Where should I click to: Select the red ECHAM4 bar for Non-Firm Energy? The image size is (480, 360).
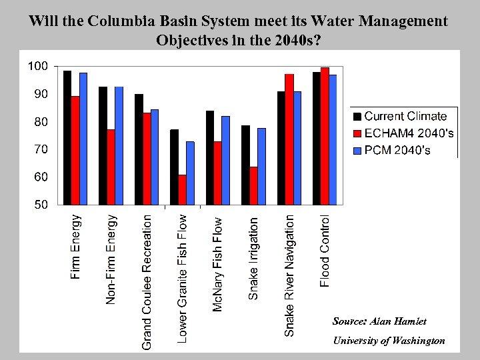[x=111, y=167]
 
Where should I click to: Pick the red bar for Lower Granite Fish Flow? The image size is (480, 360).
[x=182, y=189]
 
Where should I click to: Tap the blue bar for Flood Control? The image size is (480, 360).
[x=333, y=139]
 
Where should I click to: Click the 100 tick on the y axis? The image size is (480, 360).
[x=37, y=66]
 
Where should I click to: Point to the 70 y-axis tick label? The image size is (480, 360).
[x=40, y=149]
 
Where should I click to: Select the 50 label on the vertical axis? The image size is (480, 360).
[x=40, y=205]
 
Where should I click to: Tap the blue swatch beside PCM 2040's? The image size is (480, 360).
[x=357, y=151]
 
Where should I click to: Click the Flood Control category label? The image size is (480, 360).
[x=325, y=251]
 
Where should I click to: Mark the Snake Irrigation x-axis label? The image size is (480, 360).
[x=253, y=258]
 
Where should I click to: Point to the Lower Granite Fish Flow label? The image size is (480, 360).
[x=182, y=278]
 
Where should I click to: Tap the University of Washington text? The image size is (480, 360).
[x=389, y=341]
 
